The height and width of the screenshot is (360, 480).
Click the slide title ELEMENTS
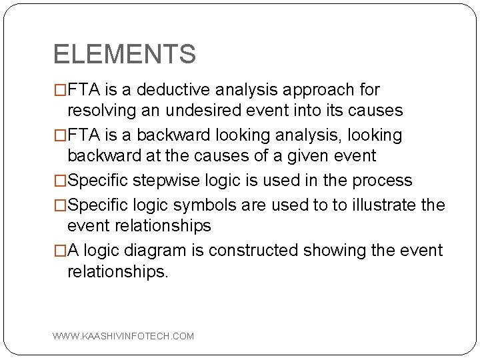coord(125,54)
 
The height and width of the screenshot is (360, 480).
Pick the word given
coord(313,156)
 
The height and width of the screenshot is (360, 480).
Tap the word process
coord(385,180)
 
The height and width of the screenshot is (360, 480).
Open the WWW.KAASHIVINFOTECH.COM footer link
coord(123,336)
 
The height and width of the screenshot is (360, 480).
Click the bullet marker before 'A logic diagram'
coord(60,251)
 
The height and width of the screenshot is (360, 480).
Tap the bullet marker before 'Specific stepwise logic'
coord(60,181)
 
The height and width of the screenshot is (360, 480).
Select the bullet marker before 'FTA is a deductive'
coord(60,90)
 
